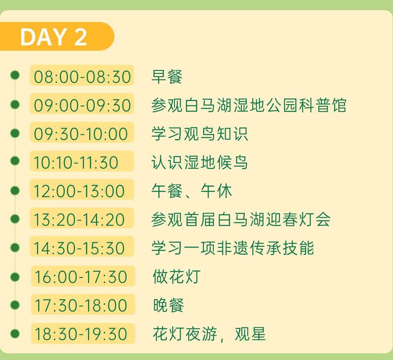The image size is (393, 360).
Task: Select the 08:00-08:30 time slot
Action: tap(82, 76)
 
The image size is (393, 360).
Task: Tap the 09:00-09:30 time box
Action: tap(82, 105)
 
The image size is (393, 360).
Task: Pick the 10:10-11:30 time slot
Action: tap(82, 162)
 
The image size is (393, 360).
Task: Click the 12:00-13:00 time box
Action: tap(82, 190)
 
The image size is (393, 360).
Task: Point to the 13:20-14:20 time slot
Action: tap(82, 219)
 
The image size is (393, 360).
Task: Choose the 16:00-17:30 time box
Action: tap(83, 276)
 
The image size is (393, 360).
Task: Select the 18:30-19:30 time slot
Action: tap(83, 334)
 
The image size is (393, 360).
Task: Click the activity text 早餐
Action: tap(167, 76)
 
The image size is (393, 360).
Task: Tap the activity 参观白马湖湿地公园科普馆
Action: tap(249, 105)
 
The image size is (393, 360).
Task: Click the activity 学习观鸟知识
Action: tap(200, 134)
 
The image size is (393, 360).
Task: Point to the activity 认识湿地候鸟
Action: tap(200, 162)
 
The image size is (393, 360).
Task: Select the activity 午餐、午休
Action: tap(192, 191)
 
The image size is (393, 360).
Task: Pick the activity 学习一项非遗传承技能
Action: tap(233, 248)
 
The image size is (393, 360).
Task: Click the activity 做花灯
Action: tap(176, 276)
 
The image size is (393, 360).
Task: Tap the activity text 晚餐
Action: tap(169, 305)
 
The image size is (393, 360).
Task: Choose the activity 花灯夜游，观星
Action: tap(209, 334)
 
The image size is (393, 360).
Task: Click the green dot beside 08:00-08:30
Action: tap(15, 75)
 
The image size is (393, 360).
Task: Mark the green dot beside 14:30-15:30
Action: tap(15, 248)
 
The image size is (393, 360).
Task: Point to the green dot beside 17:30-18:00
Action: tap(15, 305)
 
